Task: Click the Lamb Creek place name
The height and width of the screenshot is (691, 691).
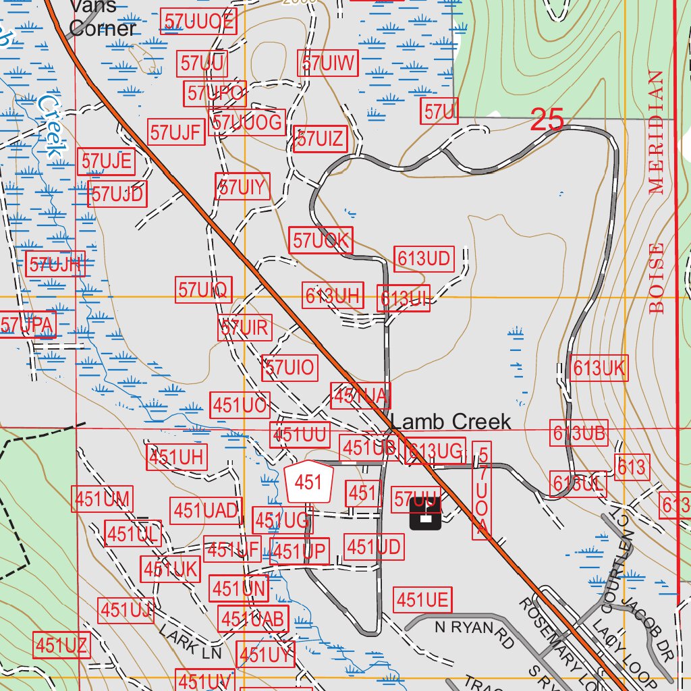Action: click(451, 422)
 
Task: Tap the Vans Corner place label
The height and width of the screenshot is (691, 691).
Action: click(103, 18)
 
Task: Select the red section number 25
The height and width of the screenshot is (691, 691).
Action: click(547, 120)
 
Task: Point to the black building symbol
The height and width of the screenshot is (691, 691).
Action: click(425, 514)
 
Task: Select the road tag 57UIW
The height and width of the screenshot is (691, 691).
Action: click(329, 64)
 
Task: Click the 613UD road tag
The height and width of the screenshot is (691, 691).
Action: click(424, 258)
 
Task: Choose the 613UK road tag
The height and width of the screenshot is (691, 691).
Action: click(599, 368)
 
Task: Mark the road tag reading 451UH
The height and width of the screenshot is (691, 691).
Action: click(176, 457)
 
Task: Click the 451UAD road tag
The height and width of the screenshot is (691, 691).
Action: click(206, 511)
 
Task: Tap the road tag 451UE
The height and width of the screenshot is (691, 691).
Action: click(422, 599)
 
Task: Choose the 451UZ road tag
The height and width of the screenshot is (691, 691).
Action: click(61, 646)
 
